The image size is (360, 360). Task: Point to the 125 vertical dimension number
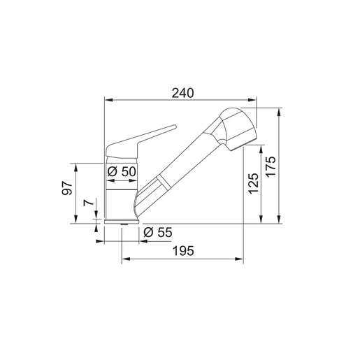253,182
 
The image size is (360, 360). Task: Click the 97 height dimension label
67,190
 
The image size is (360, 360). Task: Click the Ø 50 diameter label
121,171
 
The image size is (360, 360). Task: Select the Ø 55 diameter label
157,233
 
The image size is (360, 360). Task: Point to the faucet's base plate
121,222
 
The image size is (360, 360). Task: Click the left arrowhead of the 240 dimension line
106,101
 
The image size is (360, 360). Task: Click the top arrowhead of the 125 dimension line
261,147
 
